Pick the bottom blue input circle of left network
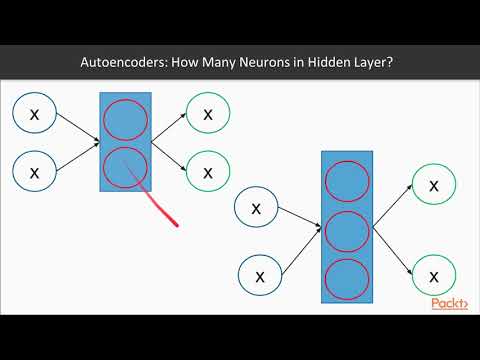click(35, 172)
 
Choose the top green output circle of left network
click(208, 114)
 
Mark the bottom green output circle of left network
click(208, 171)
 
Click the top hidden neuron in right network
click(349, 183)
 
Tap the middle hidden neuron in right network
click(349, 229)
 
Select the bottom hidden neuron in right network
click(349, 276)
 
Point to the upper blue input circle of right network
click(257, 209)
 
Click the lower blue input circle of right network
click(260, 274)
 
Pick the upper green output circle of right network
click(432, 186)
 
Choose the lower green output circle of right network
click(432, 274)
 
